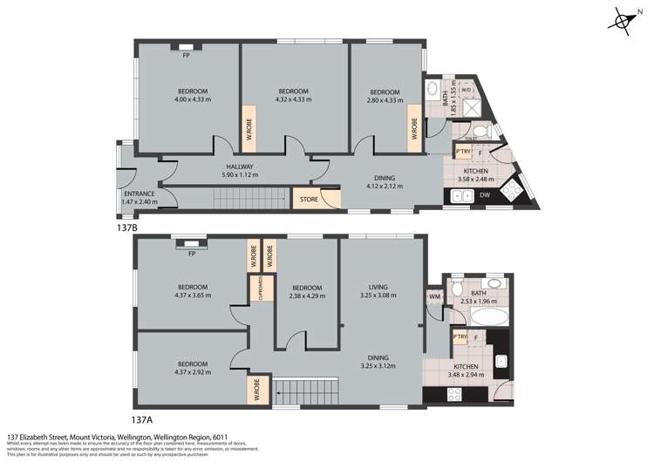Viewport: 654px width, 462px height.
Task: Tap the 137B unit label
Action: (x=127, y=227)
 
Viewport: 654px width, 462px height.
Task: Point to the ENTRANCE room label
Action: (x=139, y=194)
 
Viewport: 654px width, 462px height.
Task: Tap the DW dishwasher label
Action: (x=485, y=194)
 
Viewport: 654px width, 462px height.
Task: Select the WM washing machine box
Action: (x=434, y=297)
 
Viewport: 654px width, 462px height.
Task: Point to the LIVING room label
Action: (x=378, y=287)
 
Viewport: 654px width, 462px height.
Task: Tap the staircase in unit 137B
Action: (x=251, y=199)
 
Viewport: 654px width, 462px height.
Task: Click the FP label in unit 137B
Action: (x=187, y=55)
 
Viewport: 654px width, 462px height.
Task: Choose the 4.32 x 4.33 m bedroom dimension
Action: (x=294, y=99)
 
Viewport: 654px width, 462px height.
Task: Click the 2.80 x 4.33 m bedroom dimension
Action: (x=385, y=100)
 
